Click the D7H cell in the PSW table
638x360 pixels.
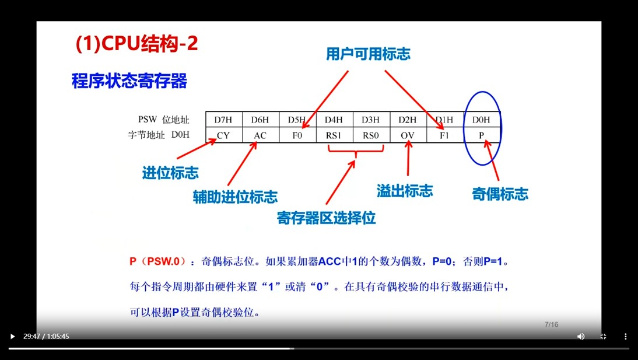pyautogui.click(x=224, y=120)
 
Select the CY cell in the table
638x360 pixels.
pyautogui.click(x=224, y=135)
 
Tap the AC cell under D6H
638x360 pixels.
pyautogui.click(x=261, y=135)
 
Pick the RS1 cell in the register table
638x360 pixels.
pyautogui.click(x=335, y=135)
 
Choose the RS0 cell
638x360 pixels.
pyautogui.click(x=371, y=135)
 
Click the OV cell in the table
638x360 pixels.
pyautogui.click(x=408, y=135)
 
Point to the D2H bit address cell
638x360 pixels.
pyautogui.click(x=408, y=120)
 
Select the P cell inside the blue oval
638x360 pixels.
pyautogui.click(x=482, y=135)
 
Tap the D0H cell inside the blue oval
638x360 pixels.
pyautogui.click(x=482, y=120)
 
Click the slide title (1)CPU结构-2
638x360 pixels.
pyautogui.click(x=136, y=44)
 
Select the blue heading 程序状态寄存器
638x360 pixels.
pyautogui.click(x=129, y=81)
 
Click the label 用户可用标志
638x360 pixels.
pyautogui.click(x=368, y=54)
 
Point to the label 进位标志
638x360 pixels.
pyautogui.click(x=170, y=173)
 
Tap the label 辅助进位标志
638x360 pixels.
pyautogui.click(x=235, y=197)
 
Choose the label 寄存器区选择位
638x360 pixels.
pyautogui.click(x=327, y=218)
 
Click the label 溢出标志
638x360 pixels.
pyautogui.click(x=405, y=191)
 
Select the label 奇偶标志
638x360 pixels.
pyautogui.click(x=500, y=194)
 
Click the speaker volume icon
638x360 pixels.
pyautogui.click(x=581, y=337)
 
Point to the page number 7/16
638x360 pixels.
pyautogui.click(x=551, y=324)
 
